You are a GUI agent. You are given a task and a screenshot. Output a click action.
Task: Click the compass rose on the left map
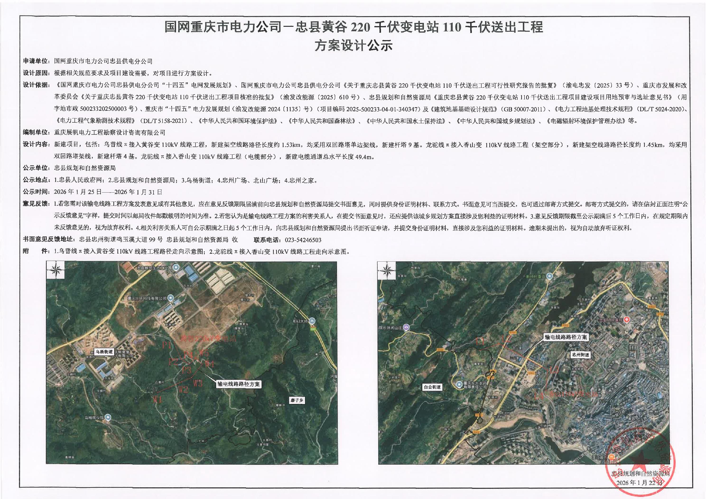click(x=56, y=271)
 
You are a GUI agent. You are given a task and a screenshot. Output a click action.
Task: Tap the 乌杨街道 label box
click(x=104, y=351)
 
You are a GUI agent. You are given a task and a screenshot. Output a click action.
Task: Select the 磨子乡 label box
click(x=297, y=400)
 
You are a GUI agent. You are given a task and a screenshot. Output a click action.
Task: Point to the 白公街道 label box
click(x=432, y=387)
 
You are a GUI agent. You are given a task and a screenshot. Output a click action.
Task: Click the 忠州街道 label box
click(x=580, y=355)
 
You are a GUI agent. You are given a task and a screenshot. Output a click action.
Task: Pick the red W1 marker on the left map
click(x=158, y=399)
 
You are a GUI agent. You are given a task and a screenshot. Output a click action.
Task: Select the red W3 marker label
click(x=198, y=383)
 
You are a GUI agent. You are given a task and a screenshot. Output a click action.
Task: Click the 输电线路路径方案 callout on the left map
click(x=238, y=384)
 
